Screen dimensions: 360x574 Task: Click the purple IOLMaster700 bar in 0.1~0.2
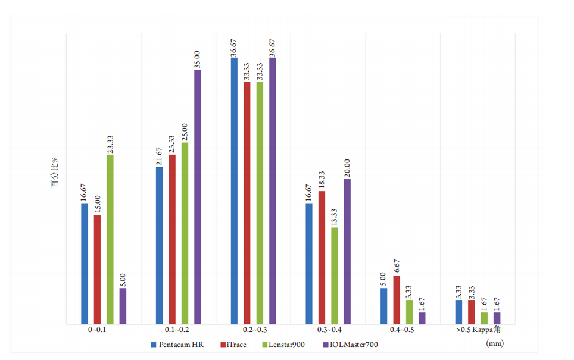tap(198, 196)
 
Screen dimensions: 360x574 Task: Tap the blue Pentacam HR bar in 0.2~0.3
tap(235, 190)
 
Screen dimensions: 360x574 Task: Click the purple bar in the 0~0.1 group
tap(123, 306)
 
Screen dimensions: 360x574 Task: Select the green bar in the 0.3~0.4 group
tap(335, 276)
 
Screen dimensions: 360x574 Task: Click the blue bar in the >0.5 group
tap(458, 312)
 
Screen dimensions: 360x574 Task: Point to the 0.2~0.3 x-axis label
tap(254, 329)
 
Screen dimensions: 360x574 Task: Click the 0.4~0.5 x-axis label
tap(403, 329)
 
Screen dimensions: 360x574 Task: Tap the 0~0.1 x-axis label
tap(104, 329)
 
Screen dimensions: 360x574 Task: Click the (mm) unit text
tap(494, 343)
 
